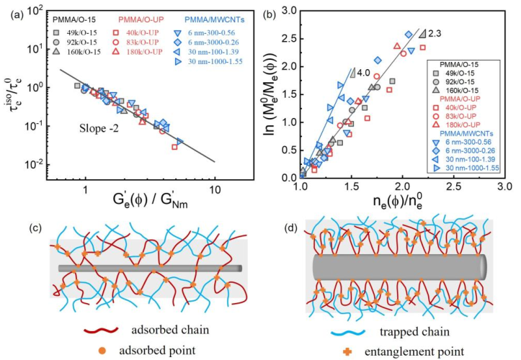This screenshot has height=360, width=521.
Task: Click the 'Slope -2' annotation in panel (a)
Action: click(x=99, y=129)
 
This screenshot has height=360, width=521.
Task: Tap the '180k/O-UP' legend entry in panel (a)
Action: click(x=144, y=52)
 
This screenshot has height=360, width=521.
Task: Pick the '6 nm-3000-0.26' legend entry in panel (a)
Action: click(x=213, y=42)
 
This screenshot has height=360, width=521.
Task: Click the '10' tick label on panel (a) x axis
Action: click(x=215, y=189)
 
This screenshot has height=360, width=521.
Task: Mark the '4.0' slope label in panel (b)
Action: click(x=365, y=73)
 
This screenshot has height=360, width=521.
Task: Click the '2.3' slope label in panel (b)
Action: click(x=435, y=34)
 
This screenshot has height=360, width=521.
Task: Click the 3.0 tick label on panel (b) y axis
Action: click(x=288, y=12)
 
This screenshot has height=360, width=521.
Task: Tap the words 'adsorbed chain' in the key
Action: click(x=170, y=330)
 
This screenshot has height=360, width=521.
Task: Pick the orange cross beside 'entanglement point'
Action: click(x=347, y=351)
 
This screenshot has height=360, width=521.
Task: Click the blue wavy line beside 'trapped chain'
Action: click(x=348, y=332)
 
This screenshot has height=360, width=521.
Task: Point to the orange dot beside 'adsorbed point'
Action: click(x=102, y=351)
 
